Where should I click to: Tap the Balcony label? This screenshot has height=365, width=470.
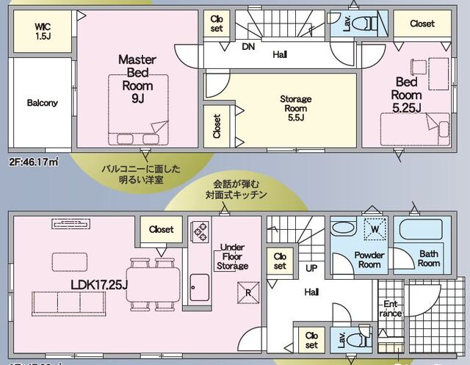pos(42,103)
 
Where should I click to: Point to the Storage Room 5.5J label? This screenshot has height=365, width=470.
pos(296,108)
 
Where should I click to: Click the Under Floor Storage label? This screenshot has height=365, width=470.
pos(233,257)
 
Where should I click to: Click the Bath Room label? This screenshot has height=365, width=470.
pos(428,259)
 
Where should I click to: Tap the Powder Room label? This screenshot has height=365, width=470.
pos(369,259)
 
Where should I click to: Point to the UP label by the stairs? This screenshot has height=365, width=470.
pos(311,269)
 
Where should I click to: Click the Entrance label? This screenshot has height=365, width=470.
pos(390,308)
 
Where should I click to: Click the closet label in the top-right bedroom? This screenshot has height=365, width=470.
pos(422,24)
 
